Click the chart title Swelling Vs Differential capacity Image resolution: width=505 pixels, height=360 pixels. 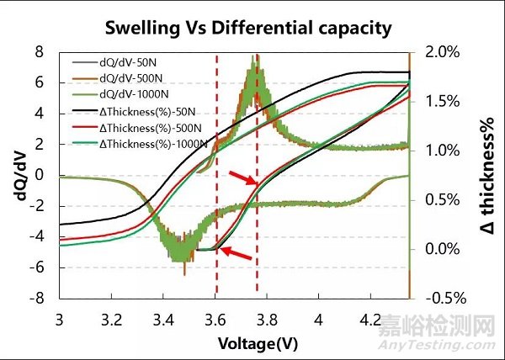click(247, 28)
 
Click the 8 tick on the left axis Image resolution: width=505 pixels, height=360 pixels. click(38, 52)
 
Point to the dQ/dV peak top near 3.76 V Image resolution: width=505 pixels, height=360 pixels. click(256, 59)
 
